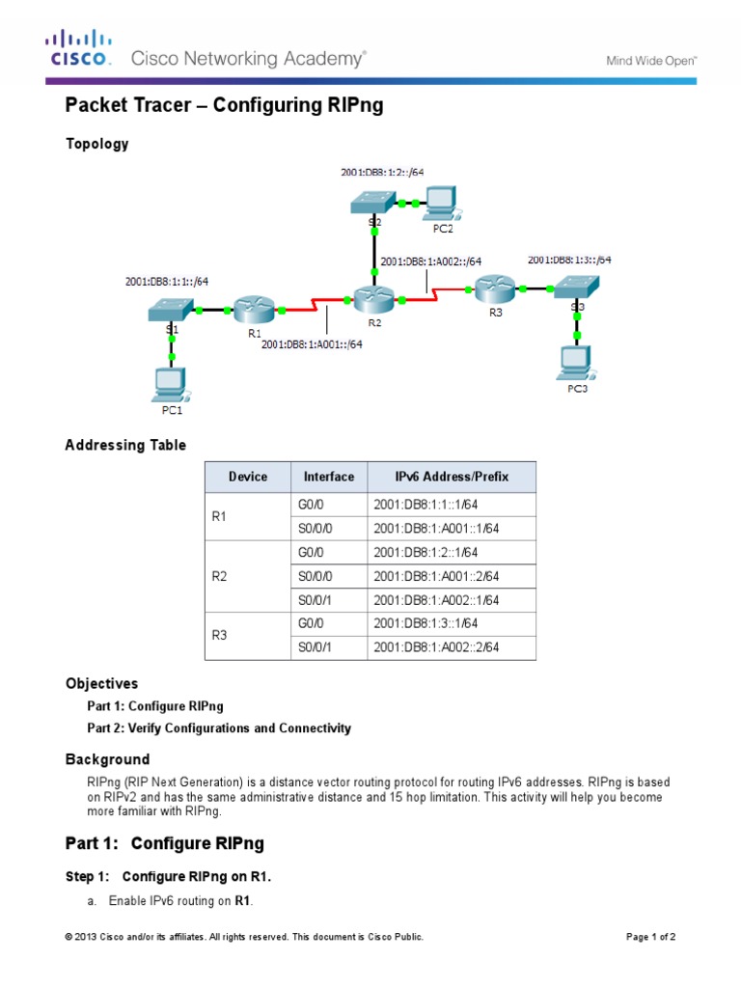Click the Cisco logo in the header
click(80, 47)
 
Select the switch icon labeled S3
click(577, 287)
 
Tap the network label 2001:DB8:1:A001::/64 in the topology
click(312, 343)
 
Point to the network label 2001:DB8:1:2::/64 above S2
click(382, 173)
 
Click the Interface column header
click(328, 477)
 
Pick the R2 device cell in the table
click(218, 576)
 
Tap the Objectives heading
click(101, 683)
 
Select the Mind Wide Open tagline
click(650, 60)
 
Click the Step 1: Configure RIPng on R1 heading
click(169, 876)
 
